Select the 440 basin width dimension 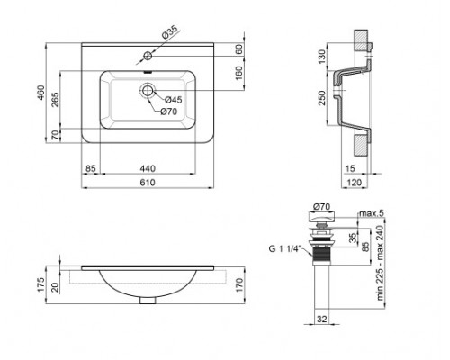coord(152,168)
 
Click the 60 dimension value coord(239,51)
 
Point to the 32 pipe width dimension coord(321,319)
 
